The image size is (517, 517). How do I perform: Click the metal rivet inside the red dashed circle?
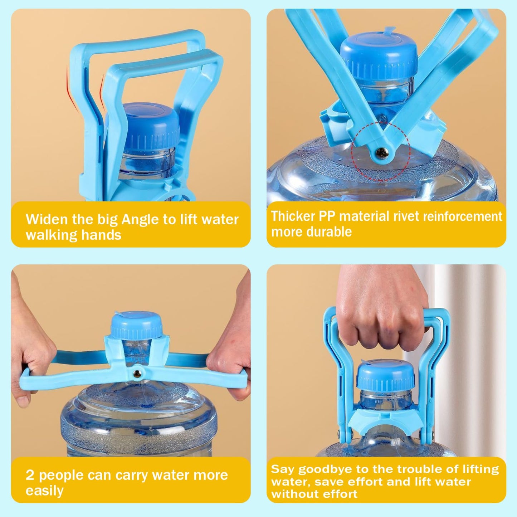point(382,153)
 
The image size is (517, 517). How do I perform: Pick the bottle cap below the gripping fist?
point(386,376)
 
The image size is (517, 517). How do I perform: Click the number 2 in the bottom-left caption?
point(30,475)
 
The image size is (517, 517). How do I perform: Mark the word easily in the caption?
point(44,491)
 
